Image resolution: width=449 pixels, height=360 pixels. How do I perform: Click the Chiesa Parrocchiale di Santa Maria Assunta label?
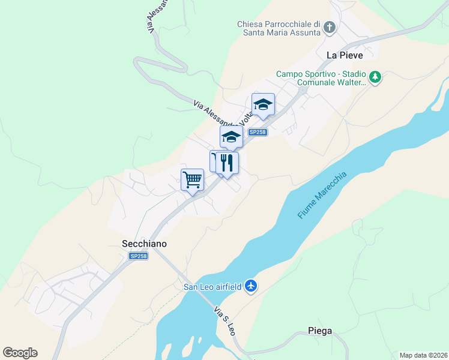point(279,28)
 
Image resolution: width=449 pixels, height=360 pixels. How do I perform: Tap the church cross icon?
point(330,27)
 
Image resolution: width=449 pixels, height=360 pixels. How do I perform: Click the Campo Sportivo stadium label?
point(321,79)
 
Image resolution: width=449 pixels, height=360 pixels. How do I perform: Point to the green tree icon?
point(375,77)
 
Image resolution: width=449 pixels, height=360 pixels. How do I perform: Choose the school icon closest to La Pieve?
point(263,105)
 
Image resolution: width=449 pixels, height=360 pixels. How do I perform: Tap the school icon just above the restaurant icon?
point(231,137)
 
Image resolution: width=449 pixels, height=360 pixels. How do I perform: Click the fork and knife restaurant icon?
point(228,163)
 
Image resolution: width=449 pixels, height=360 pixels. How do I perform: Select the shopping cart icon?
point(193,179)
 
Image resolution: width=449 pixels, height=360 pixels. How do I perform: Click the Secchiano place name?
point(140,244)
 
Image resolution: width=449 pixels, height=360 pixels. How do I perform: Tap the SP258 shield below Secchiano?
point(138,256)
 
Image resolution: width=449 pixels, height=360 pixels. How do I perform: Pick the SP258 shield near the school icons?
point(257,132)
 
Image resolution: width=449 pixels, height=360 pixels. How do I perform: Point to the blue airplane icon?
point(252,286)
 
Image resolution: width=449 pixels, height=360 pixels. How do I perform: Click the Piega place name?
point(319,331)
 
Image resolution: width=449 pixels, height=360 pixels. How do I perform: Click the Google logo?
point(20,353)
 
